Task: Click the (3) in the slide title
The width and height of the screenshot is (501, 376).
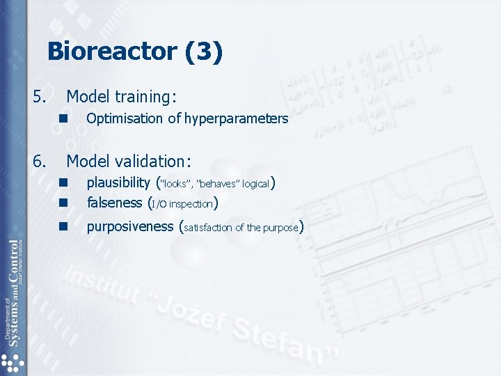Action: tap(207, 52)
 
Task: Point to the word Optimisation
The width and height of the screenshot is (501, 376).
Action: tap(125, 118)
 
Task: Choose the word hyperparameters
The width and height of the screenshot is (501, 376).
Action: tap(236, 118)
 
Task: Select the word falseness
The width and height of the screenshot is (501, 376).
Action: tap(114, 203)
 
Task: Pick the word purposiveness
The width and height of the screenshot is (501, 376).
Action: tap(130, 226)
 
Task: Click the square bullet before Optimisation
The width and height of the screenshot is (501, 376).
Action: tap(63, 118)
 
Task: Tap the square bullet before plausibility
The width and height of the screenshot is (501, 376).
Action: tap(63, 183)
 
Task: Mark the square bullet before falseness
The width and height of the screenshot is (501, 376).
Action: tap(63, 203)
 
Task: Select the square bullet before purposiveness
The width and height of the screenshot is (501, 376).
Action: tap(63, 226)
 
